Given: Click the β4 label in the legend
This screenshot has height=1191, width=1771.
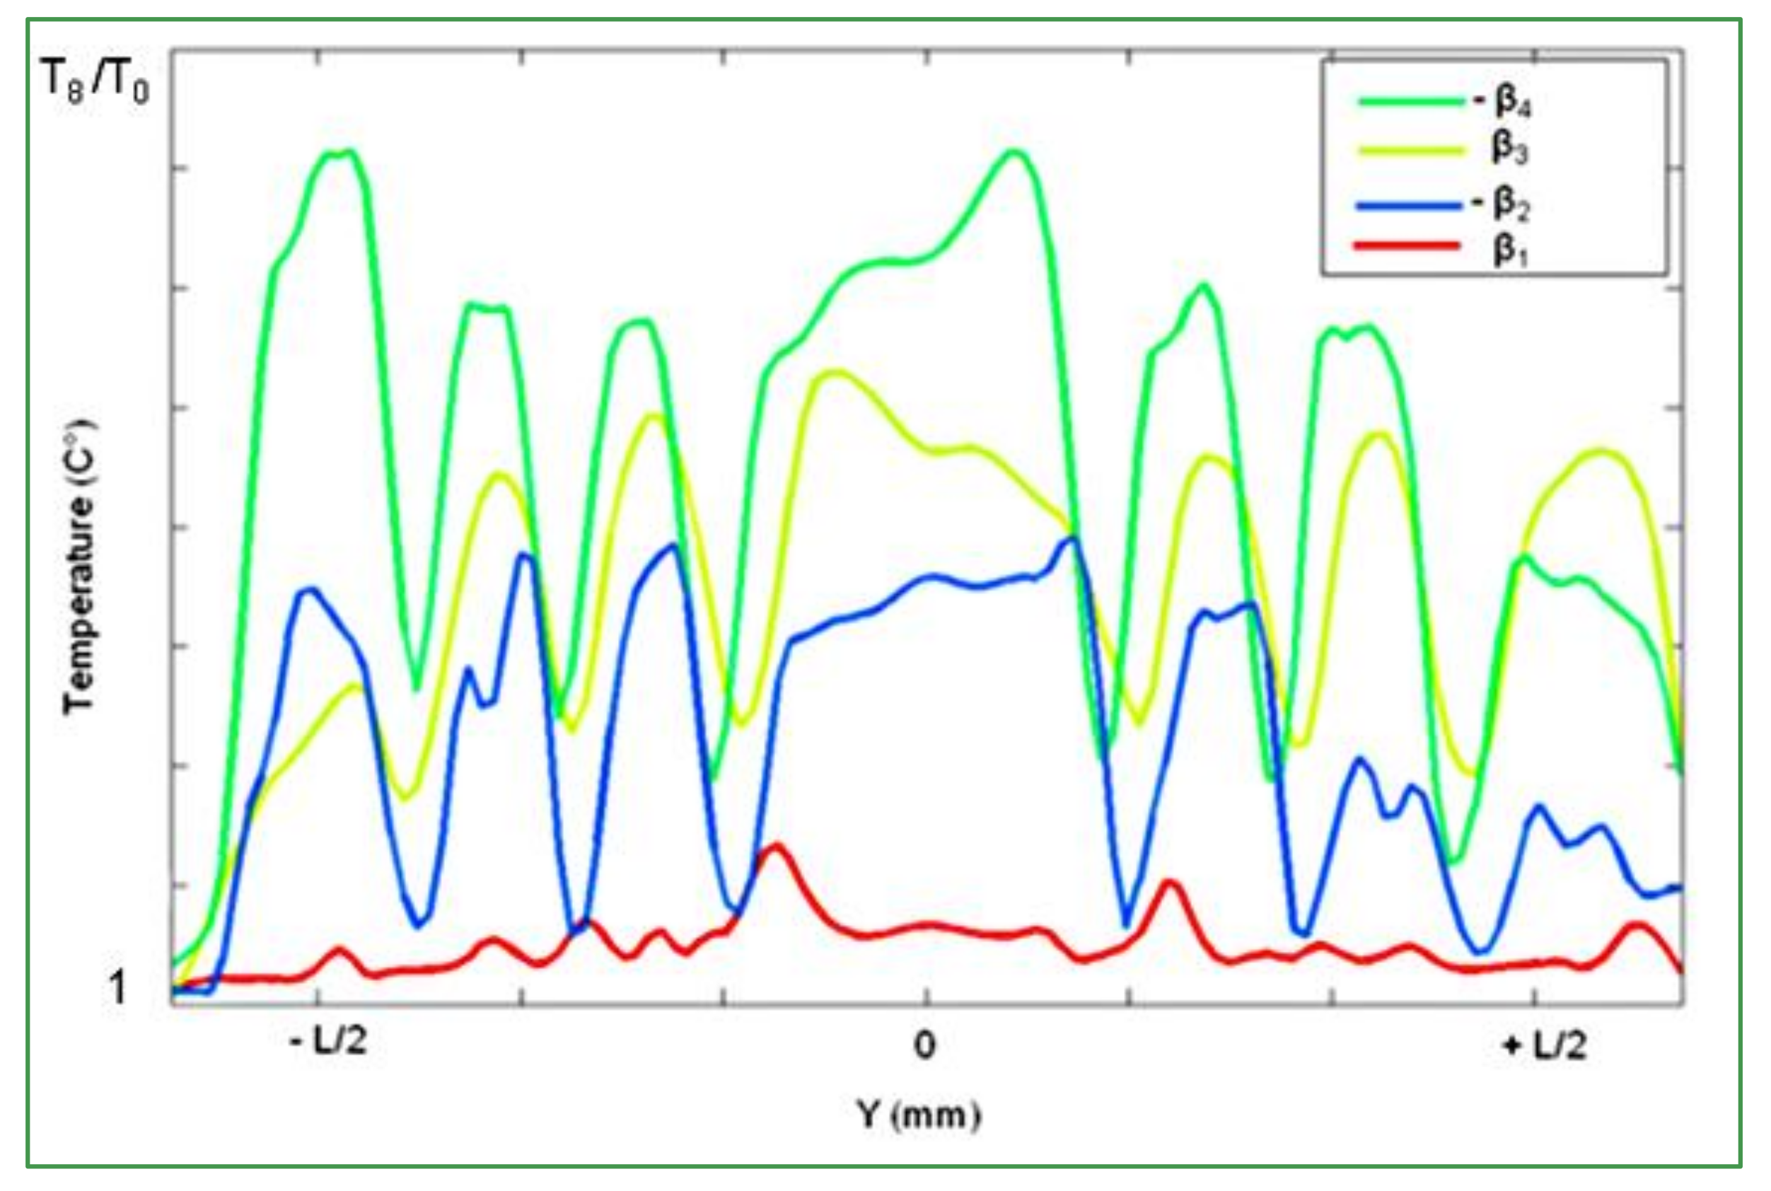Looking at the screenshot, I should pyautogui.click(x=1512, y=103).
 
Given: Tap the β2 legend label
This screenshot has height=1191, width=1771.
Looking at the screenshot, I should pyautogui.click(x=1511, y=204).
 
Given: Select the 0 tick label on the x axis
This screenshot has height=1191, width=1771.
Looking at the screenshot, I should pyautogui.click(x=924, y=1045).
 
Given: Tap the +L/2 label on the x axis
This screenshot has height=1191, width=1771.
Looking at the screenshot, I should pyautogui.click(x=1545, y=1047).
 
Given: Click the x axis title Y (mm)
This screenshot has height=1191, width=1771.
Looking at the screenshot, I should pyautogui.click(x=919, y=1115).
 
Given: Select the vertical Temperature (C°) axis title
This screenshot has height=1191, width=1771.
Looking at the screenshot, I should pyautogui.click(x=79, y=566).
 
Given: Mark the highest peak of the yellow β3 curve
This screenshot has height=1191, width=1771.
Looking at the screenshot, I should pyautogui.click(x=835, y=371).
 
